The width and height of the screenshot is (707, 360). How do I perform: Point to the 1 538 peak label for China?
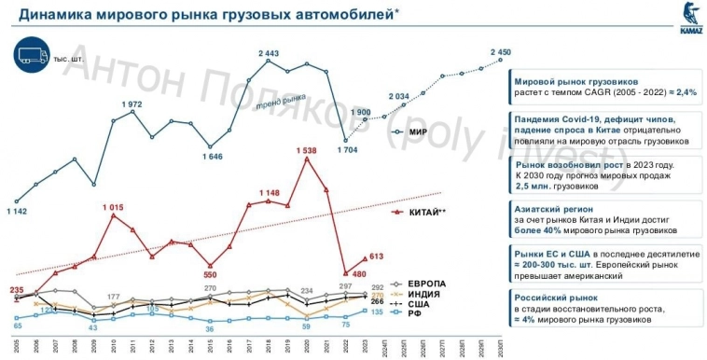tap(305, 149)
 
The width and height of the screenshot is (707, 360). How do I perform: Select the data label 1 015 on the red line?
tap(112, 206)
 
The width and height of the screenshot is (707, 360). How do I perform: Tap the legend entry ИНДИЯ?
tap(424, 293)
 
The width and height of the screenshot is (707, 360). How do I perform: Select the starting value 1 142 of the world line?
tap(17, 212)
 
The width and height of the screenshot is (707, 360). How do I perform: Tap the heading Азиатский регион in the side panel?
tap(553, 209)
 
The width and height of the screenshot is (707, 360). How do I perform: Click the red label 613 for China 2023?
tap(377, 256)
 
